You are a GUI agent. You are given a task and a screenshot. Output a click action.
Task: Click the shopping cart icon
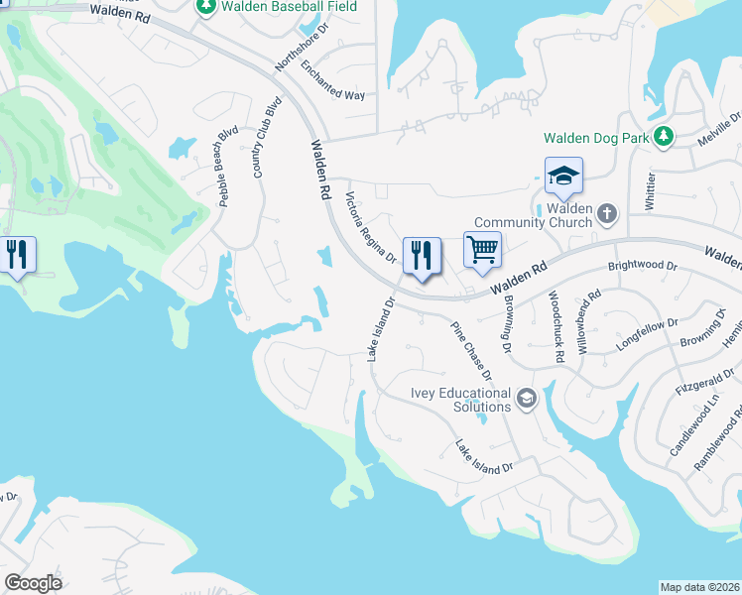482,250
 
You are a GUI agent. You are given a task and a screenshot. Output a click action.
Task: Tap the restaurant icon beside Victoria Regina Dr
422,256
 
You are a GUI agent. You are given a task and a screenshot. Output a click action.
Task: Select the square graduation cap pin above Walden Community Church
563,177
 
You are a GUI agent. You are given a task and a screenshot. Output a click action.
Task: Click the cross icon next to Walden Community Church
609,213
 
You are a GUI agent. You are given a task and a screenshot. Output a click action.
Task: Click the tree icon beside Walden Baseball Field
206,7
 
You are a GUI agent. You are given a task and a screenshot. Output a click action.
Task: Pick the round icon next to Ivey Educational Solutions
526,399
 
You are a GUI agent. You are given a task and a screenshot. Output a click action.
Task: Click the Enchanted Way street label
333,82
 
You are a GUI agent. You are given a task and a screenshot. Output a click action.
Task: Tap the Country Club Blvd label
262,139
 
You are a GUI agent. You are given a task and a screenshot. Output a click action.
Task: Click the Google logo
33,583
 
